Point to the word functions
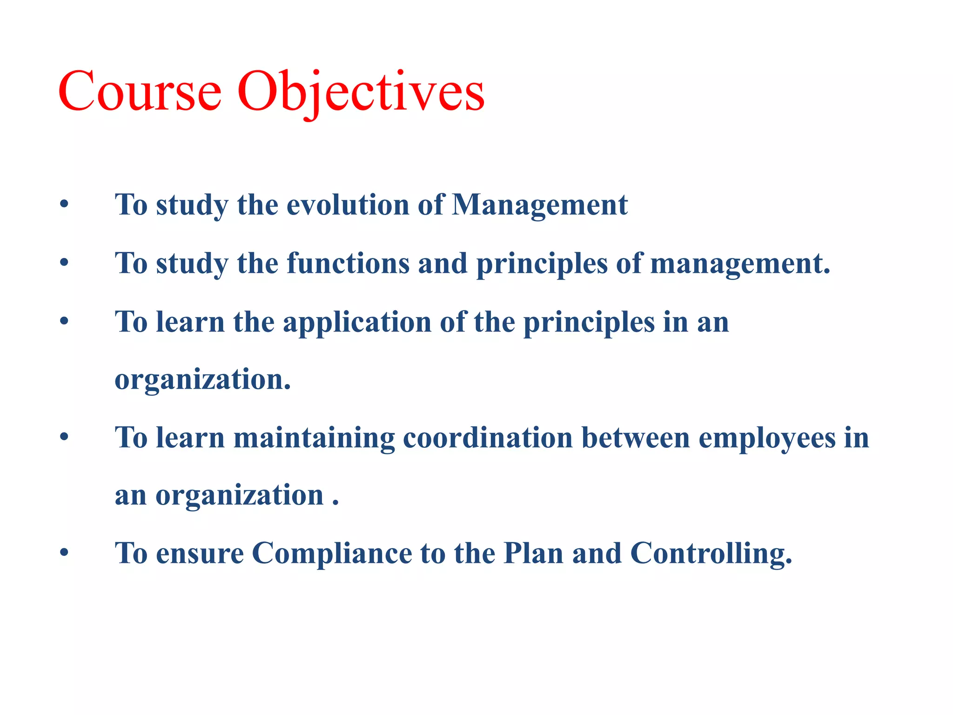click(348, 263)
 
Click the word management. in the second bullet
click(740, 263)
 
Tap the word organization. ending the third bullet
click(202, 380)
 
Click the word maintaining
click(314, 438)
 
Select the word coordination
click(487, 438)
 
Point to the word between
click(636, 438)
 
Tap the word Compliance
click(332, 553)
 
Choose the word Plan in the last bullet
click(533, 553)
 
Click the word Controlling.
click(711, 553)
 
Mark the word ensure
click(200, 553)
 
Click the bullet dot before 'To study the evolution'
click(64, 204)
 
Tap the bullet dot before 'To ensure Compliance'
click(64, 553)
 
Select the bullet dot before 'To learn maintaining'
click(64, 438)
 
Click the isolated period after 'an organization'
click(336, 504)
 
